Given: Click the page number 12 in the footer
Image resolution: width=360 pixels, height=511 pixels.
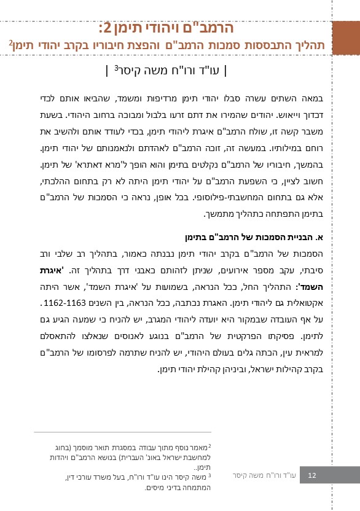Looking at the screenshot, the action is (x=312, y=475).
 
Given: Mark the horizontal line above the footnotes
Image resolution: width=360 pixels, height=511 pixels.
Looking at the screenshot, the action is (x=122, y=432).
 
